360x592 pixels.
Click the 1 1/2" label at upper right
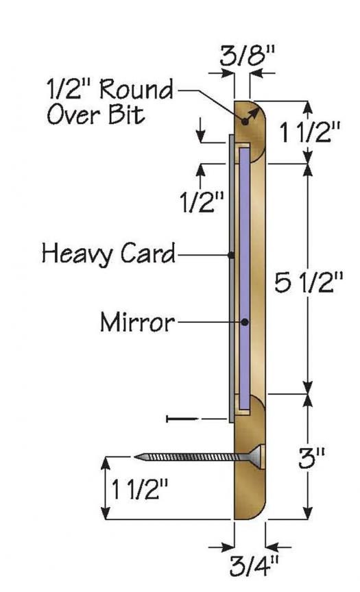[x=309, y=132]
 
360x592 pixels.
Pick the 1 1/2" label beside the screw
[x=140, y=489]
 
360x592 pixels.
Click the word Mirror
[x=137, y=321]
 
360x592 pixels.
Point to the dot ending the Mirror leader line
[x=244, y=321]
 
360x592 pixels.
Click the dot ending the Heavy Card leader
[x=232, y=255]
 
